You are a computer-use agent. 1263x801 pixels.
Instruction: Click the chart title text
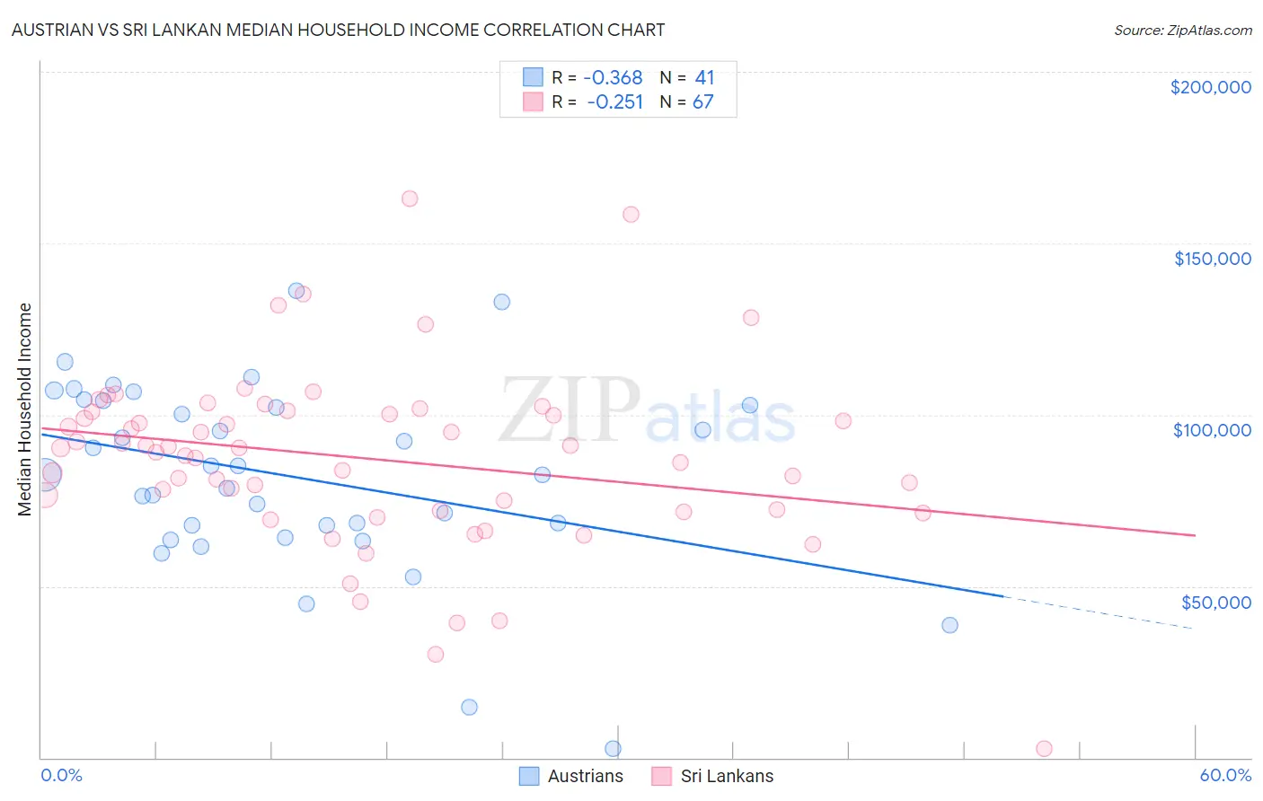point(338,30)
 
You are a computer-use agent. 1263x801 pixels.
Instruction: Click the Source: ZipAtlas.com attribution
point(1182,30)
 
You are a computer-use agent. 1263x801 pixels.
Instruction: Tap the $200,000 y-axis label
point(1210,87)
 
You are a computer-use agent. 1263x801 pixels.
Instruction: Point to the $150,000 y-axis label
point(1212,259)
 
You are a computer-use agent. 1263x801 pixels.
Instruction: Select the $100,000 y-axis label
point(1212,430)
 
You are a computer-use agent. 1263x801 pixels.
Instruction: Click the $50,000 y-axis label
point(1215,602)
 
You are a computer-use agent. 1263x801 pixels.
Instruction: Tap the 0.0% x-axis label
point(61,775)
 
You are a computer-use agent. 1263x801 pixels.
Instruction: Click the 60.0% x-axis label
point(1225,775)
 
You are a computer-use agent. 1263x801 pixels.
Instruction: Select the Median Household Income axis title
point(24,409)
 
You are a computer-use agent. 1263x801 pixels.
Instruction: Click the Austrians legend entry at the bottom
point(585,776)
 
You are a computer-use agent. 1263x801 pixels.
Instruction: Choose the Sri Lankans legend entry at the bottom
point(726,776)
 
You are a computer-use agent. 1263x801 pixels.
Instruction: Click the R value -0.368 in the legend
point(614,78)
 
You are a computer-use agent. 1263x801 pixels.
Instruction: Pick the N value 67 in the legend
point(702,102)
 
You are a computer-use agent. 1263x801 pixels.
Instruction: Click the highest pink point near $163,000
point(410,198)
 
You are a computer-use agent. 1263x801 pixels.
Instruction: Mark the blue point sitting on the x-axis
point(614,748)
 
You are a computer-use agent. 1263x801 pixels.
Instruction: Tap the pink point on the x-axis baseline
point(1044,748)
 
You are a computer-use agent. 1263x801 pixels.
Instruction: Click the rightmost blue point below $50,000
point(949,625)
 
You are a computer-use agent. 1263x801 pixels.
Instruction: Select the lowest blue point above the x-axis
point(469,707)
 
